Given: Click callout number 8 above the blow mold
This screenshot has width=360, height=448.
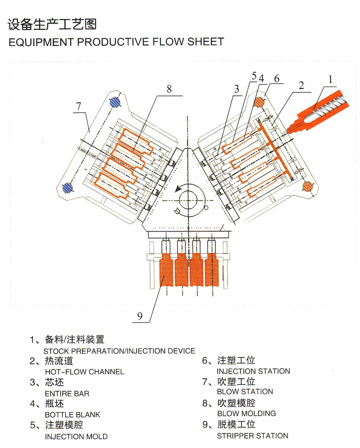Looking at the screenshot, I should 169,89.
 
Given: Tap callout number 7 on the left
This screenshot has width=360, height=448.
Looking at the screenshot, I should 79,106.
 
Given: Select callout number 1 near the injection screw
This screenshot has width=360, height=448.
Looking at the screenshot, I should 330,79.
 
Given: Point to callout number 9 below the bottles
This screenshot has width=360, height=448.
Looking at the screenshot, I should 140,316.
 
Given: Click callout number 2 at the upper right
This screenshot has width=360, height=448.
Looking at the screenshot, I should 301,85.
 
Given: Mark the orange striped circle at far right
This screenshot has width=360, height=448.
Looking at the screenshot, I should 308,186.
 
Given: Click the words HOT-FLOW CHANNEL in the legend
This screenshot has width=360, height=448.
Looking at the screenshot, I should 85,372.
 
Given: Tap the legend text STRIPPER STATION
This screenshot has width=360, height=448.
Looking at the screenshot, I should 252,436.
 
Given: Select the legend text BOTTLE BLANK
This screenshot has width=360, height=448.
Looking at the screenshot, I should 73,414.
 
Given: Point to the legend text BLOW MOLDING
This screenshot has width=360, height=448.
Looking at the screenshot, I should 246,413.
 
